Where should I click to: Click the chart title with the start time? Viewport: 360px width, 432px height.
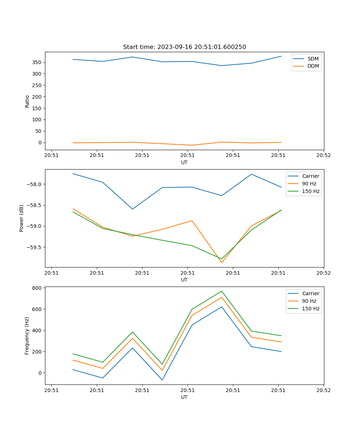[x=184, y=47]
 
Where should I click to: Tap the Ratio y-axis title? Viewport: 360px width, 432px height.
[x=27, y=101]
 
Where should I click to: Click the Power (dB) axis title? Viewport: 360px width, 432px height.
[x=22, y=218]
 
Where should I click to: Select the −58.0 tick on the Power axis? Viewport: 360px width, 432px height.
[x=35, y=184]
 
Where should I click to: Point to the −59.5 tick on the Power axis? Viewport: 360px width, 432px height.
[x=35, y=247]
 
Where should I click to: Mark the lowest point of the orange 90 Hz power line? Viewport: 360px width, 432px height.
[x=222, y=262]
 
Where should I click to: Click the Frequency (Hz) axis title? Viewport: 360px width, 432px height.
[x=27, y=336]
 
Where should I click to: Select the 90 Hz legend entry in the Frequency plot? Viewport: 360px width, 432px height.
[x=309, y=301]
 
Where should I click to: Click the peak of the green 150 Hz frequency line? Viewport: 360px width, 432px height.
[x=222, y=291]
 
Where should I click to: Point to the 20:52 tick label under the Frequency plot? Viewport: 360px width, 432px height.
[x=323, y=390]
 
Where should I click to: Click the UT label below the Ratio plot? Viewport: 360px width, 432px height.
[x=184, y=162]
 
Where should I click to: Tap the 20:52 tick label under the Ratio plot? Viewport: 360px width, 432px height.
[x=323, y=155]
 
